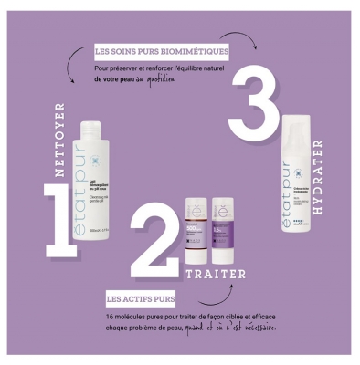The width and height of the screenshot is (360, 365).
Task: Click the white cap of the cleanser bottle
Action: point(96,137)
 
